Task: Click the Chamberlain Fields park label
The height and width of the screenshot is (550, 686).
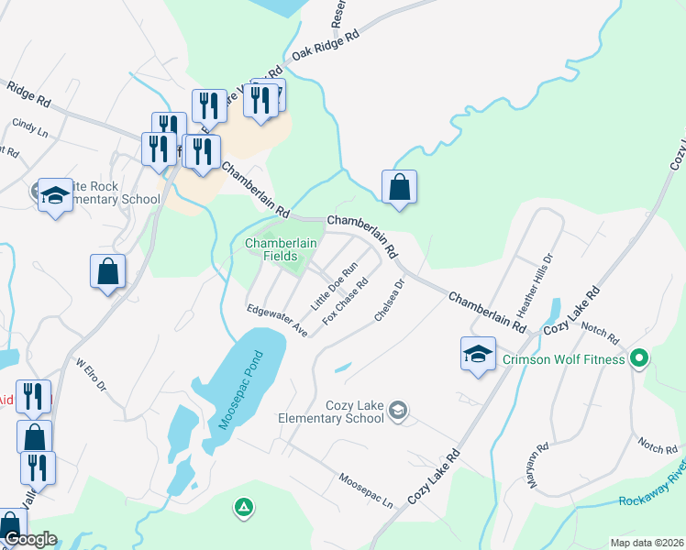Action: click(281, 249)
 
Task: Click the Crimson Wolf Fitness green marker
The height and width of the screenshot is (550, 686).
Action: click(640, 358)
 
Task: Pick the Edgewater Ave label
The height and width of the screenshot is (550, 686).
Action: click(276, 322)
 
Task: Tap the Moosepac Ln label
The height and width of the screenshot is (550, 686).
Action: click(365, 492)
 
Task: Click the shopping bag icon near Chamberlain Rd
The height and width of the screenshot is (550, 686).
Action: click(399, 188)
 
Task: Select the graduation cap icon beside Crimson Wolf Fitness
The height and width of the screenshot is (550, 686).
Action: click(478, 354)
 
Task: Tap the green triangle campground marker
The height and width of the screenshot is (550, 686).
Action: click(243, 506)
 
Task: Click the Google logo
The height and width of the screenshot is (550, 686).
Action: click(30, 540)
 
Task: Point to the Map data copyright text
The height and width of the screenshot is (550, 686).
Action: click(647, 543)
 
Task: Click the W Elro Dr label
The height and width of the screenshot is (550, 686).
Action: click(93, 375)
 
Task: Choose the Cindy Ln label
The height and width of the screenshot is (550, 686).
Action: click(28, 127)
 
